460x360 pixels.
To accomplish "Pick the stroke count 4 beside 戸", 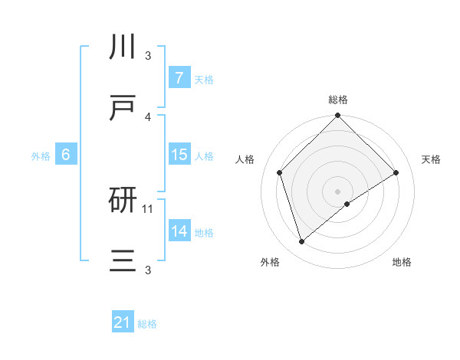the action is tap(148, 117).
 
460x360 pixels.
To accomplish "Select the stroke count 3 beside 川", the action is tap(148, 56).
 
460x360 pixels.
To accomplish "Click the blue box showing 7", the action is tap(179, 78).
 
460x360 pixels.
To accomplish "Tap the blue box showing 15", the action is tap(179, 155).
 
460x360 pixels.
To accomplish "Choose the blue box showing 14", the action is tap(179, 231).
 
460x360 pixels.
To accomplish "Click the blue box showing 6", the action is tap(66, 155).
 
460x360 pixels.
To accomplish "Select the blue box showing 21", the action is tap(122, 323).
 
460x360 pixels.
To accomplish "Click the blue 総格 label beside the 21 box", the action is tap(147, 324).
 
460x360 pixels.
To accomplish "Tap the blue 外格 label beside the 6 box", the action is tap(41, 155).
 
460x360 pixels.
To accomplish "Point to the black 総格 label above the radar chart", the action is tap(338, 100).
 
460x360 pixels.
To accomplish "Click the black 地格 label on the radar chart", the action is tap(402, 262).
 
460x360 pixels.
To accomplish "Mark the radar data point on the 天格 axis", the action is tap(396, 172).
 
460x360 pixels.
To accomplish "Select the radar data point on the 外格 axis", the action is tap(301, 242).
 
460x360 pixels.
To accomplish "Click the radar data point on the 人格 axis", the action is tap(280, 172).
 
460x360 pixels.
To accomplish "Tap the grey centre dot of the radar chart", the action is tap(338, 191).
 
